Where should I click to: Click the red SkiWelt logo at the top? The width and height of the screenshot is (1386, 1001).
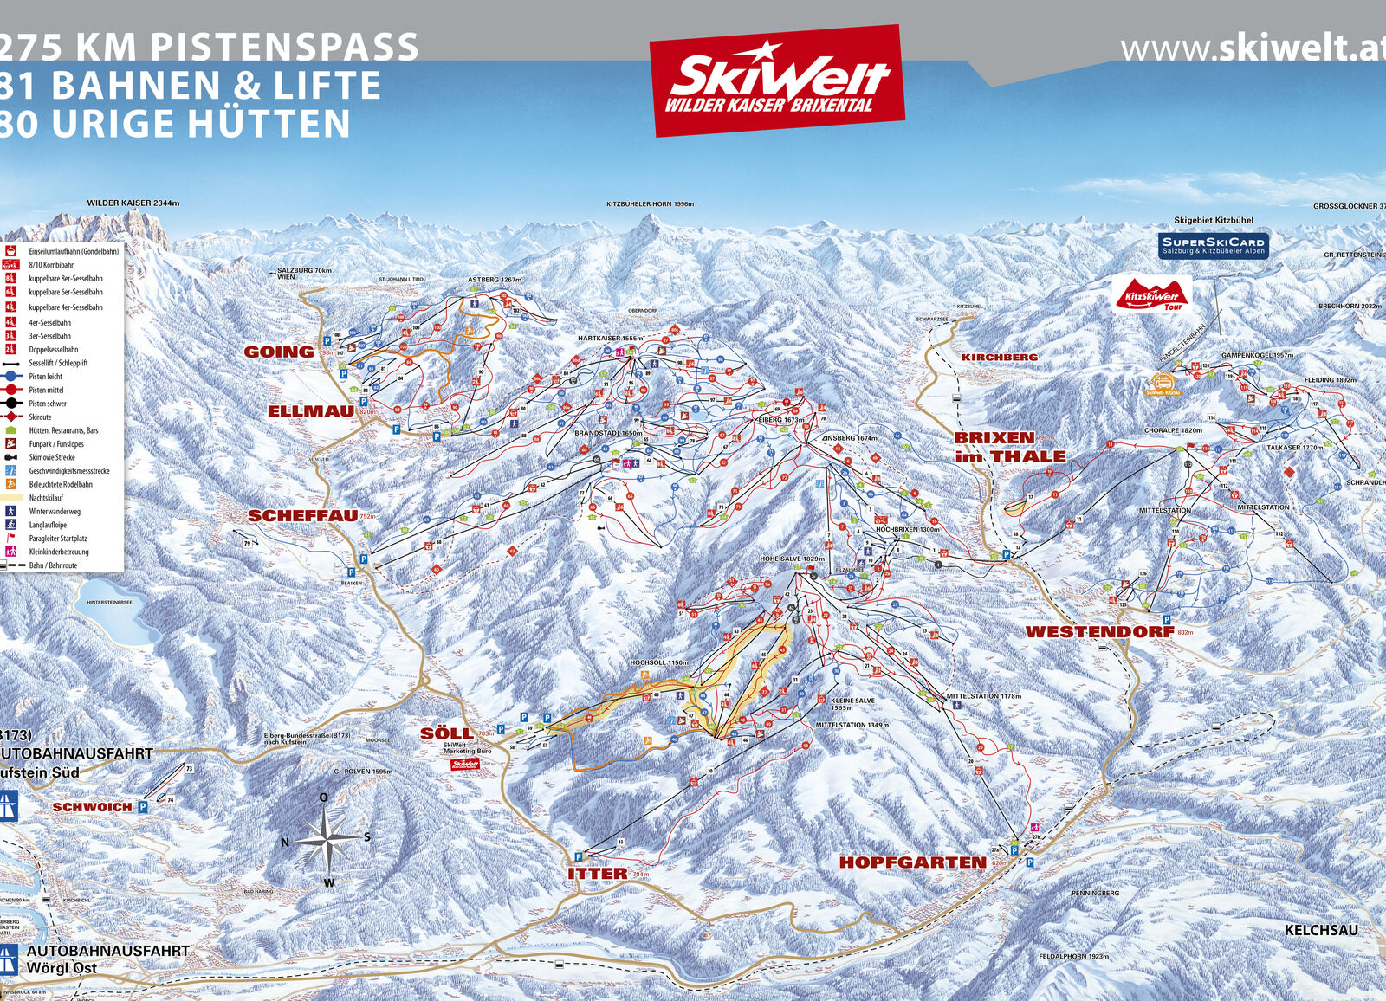pyautogui.click(x=777, y=81)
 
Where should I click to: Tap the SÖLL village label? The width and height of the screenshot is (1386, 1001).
pyautogui.click(x=446, y=733)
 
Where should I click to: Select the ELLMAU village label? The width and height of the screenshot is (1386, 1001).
pyautogui.click(x=310, y=410)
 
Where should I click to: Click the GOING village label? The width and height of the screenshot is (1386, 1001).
pyautogui.click(x=279, y=352)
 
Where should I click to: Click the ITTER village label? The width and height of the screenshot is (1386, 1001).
pyautogui.click(x=598, y=873)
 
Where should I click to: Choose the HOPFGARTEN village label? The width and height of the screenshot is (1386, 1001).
pyautogui.click(x=912, y=862)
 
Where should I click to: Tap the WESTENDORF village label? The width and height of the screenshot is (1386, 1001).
pyautogui.click(x=1099, y=631)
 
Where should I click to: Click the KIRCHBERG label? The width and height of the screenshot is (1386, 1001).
pyautogui.click(x=999, y=357)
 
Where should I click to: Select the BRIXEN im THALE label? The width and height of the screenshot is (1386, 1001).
pyautogui.click(x=1010, y=447)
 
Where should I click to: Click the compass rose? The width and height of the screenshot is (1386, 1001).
pyautogui.click(x=326, y=837)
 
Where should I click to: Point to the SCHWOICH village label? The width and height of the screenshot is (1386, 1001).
pyautogui.click(x=92, y=806)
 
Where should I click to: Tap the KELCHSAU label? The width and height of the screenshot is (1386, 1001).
pyautogui.click(x=1320, y=929)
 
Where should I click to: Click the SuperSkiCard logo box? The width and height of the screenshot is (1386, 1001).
pyautogui.click(x=1214, y=245)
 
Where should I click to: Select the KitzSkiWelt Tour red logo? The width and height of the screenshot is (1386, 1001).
pyautogui.click(x=1152, y=294)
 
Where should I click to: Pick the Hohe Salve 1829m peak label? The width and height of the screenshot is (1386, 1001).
pyautogui.click(x=792, y=559)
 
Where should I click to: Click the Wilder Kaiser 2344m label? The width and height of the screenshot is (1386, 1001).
pyautogui.click(x=133, y=203)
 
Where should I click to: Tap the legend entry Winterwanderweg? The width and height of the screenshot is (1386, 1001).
pyautogui.click(x=54, y=511)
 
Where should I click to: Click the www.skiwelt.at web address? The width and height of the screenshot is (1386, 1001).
pyautogui.click(x=1253, y=48)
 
